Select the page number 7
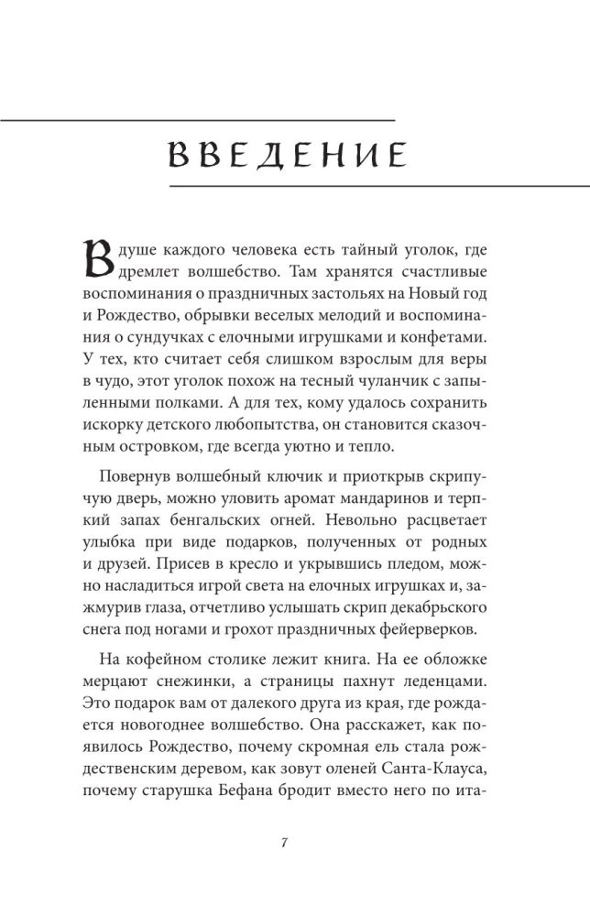[287, 844]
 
